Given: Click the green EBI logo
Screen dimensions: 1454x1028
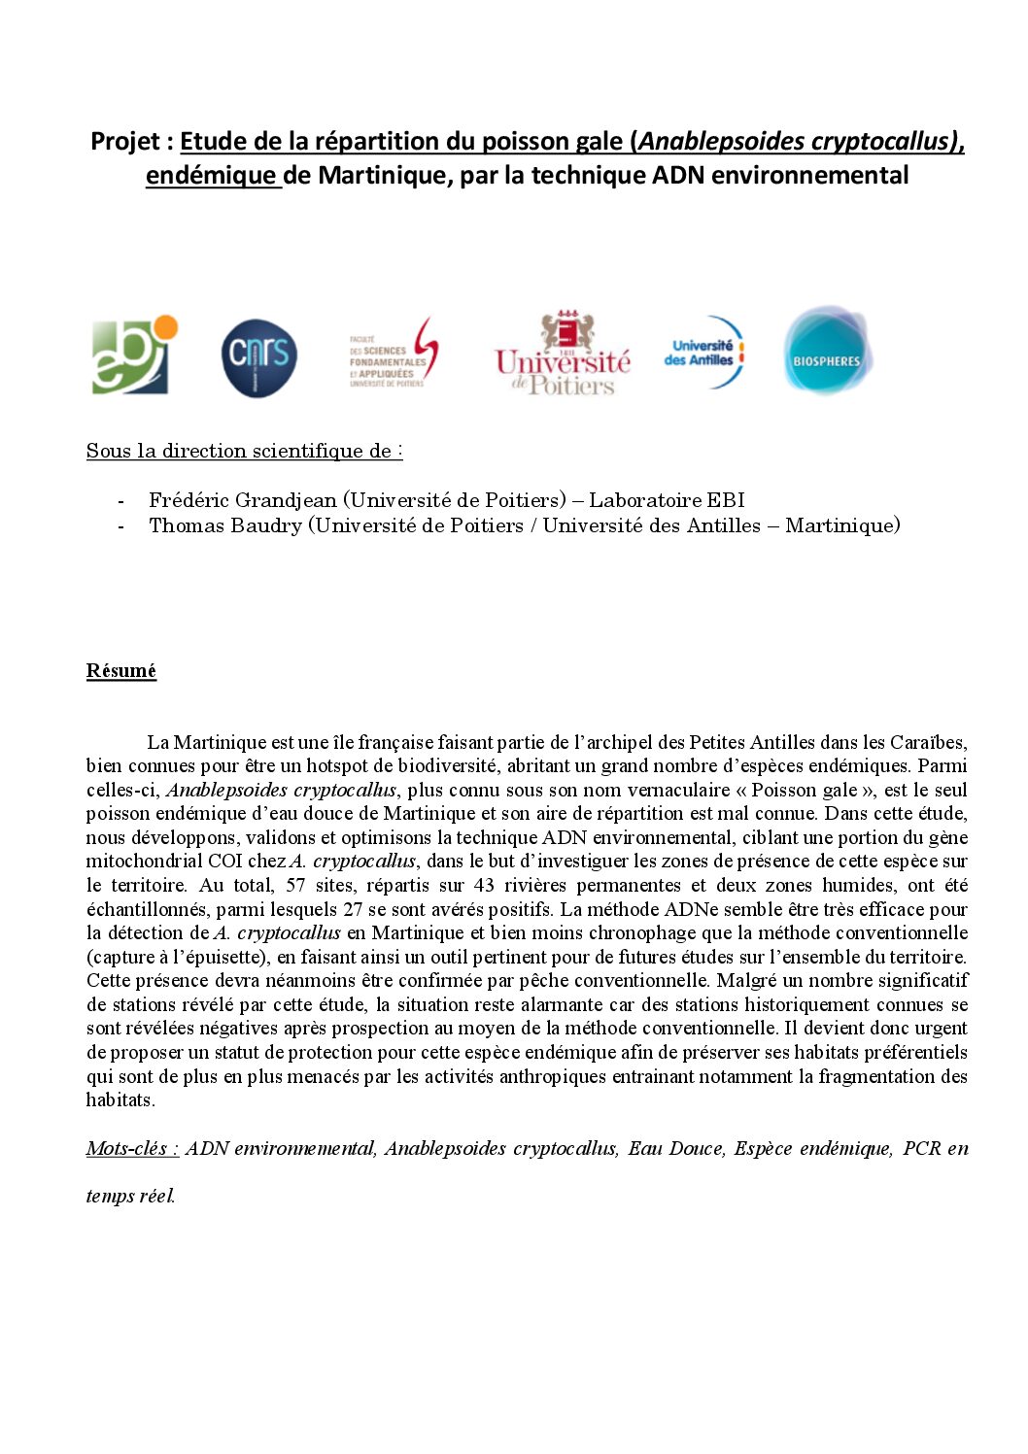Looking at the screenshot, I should pos(134,355).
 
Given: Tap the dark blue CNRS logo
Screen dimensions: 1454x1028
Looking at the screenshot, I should pos(258,357).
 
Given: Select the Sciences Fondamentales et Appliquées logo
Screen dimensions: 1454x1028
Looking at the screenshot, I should pos(394,355).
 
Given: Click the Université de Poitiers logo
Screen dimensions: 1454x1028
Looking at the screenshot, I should pos(563,355).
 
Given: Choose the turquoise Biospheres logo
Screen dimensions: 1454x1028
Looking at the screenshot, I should pos(827,352).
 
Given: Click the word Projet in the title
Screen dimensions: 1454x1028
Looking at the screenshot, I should pos(126,142).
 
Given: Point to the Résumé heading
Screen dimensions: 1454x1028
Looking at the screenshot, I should pos(121,671).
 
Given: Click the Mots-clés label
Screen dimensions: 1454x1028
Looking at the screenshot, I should pos(131,1149).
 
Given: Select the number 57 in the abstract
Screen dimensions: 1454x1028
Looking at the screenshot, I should pos(295,886).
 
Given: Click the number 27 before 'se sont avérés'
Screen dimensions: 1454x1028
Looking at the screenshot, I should pos(353,910).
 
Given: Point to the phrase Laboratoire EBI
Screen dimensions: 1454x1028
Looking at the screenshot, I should pos(667,500).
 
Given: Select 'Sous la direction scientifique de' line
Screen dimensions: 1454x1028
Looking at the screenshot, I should pos(243,451).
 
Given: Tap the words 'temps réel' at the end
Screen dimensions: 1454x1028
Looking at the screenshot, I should pos(130,1197).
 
